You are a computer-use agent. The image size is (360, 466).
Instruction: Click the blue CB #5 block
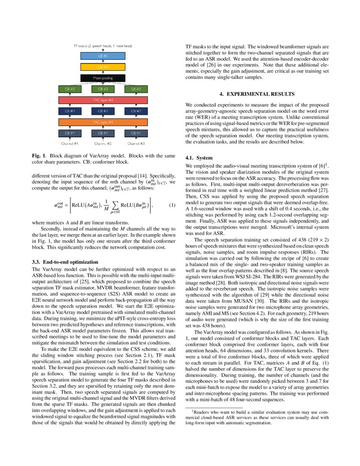[103, 55]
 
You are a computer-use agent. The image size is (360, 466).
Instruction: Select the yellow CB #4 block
[103, 67]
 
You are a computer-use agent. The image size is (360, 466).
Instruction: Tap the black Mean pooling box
[103, 78]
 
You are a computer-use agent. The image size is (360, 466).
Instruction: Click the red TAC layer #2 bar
[103, 100]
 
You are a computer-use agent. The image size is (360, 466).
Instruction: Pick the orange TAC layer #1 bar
[103, 122]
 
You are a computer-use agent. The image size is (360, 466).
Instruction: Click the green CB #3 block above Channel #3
[136, 89]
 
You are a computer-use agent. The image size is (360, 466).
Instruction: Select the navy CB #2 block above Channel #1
[70, 111]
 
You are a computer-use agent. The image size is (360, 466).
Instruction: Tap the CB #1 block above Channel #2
[103, 133]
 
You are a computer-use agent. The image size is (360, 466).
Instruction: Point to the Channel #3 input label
[136, 144]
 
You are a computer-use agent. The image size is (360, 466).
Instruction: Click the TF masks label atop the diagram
[103, 45]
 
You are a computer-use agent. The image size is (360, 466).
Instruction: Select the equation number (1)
[172, 205]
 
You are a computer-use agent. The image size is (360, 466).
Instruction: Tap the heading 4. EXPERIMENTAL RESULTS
[257, 94]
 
